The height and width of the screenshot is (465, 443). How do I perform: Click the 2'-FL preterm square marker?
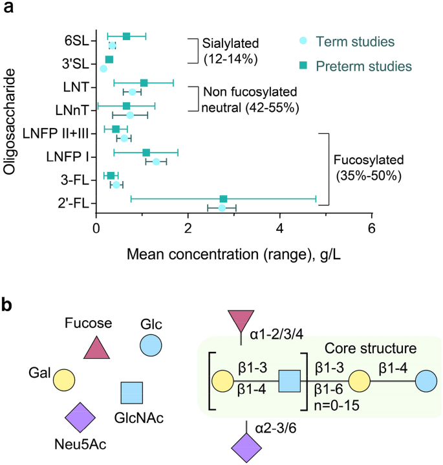click(x=223, y=199)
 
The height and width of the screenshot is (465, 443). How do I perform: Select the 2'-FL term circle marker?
click(x=222, y=208)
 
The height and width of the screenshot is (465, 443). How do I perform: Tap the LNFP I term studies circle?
click(x=157, y=161)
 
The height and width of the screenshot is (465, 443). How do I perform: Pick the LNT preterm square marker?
click(x=144, y=83)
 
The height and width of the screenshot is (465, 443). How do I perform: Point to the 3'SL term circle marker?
click(x=103, y=68)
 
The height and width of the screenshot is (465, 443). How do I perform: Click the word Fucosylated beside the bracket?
click(x=367, y=159)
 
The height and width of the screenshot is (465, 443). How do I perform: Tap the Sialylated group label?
click(x=230, y=44)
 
